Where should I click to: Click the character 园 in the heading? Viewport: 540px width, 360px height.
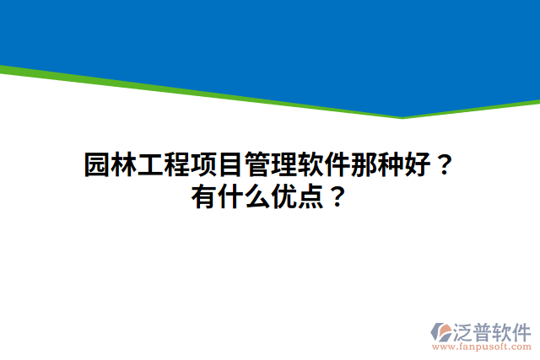97,164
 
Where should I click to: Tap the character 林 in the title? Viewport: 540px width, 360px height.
124,164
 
